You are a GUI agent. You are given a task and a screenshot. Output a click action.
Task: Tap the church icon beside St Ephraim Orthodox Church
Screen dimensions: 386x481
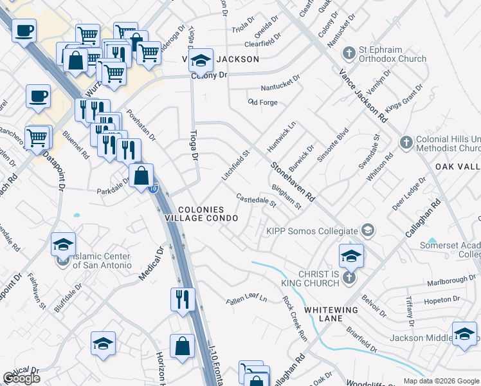tap(349, 53)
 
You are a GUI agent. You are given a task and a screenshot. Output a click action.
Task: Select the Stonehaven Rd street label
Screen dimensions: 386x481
tap(292, 182)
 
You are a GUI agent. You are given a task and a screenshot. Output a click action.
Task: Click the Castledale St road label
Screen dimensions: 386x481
tap(255, 201)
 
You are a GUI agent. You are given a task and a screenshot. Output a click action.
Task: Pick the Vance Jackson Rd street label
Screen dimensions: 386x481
tap(363, 96)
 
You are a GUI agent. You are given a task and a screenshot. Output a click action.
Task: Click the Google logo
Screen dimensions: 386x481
tap(21, 378)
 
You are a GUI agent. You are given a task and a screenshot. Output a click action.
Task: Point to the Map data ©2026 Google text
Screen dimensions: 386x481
tap(441, 381)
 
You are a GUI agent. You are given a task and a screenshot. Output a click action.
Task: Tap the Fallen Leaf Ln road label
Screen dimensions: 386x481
tap(246, 299)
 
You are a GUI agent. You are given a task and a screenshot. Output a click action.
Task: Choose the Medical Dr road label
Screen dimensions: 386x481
tap(150, 263)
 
